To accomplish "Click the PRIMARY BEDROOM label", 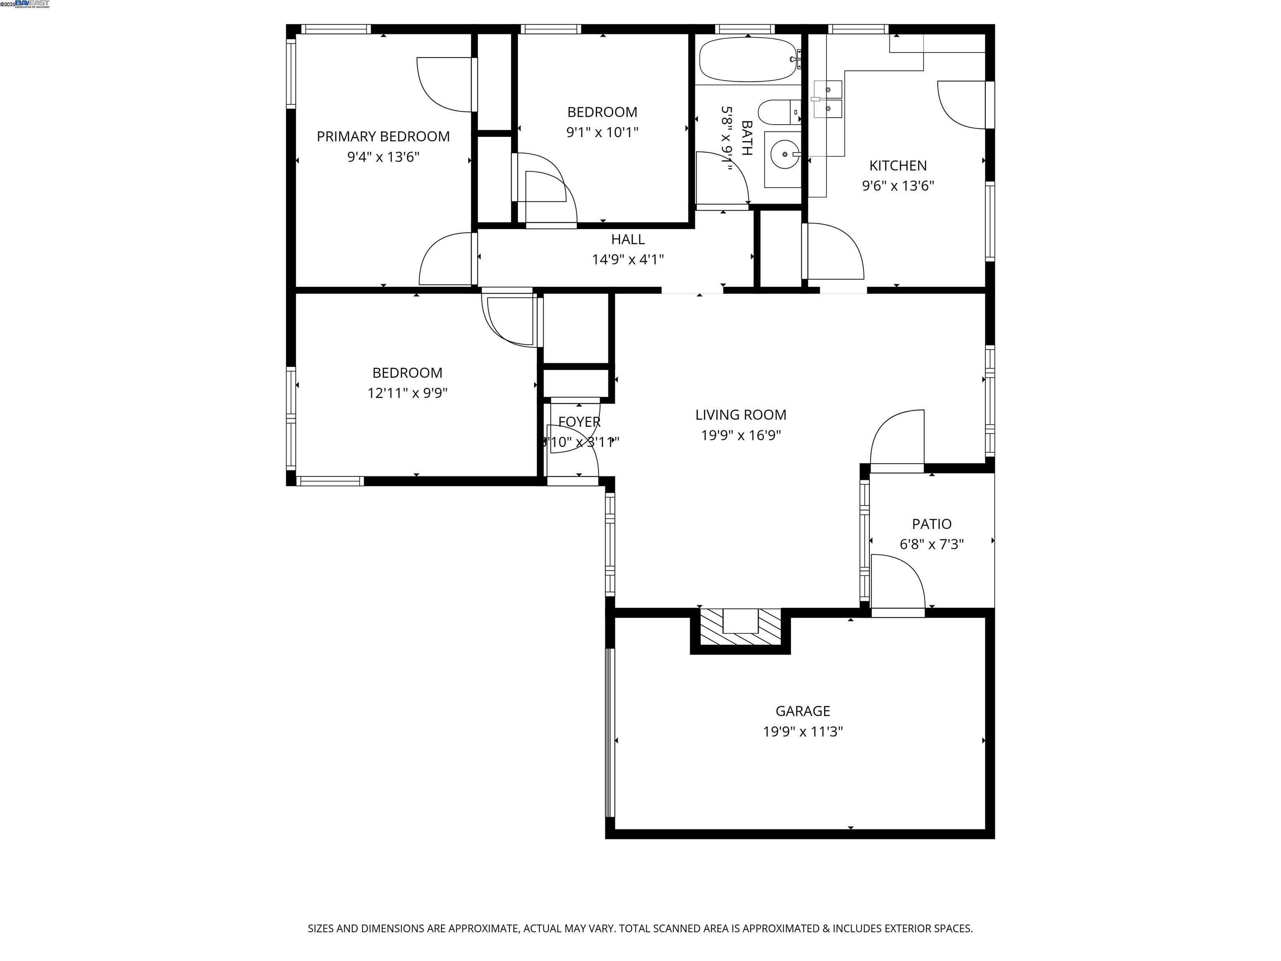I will point(383,137).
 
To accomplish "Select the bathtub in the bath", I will point(747,60).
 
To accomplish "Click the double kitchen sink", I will point(828,99).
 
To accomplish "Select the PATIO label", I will point(931,523).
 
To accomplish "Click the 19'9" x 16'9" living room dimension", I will point(741,435).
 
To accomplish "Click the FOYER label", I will point(579,422).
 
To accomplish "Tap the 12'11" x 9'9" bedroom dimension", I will point(407,393).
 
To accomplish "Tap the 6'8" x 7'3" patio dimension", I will point(931,544).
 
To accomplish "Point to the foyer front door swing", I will point(573,452).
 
